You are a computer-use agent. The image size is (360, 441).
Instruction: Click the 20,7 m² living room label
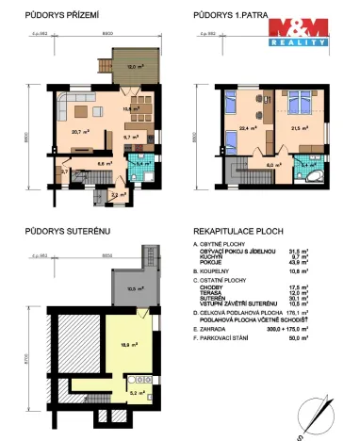click(79, 131)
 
